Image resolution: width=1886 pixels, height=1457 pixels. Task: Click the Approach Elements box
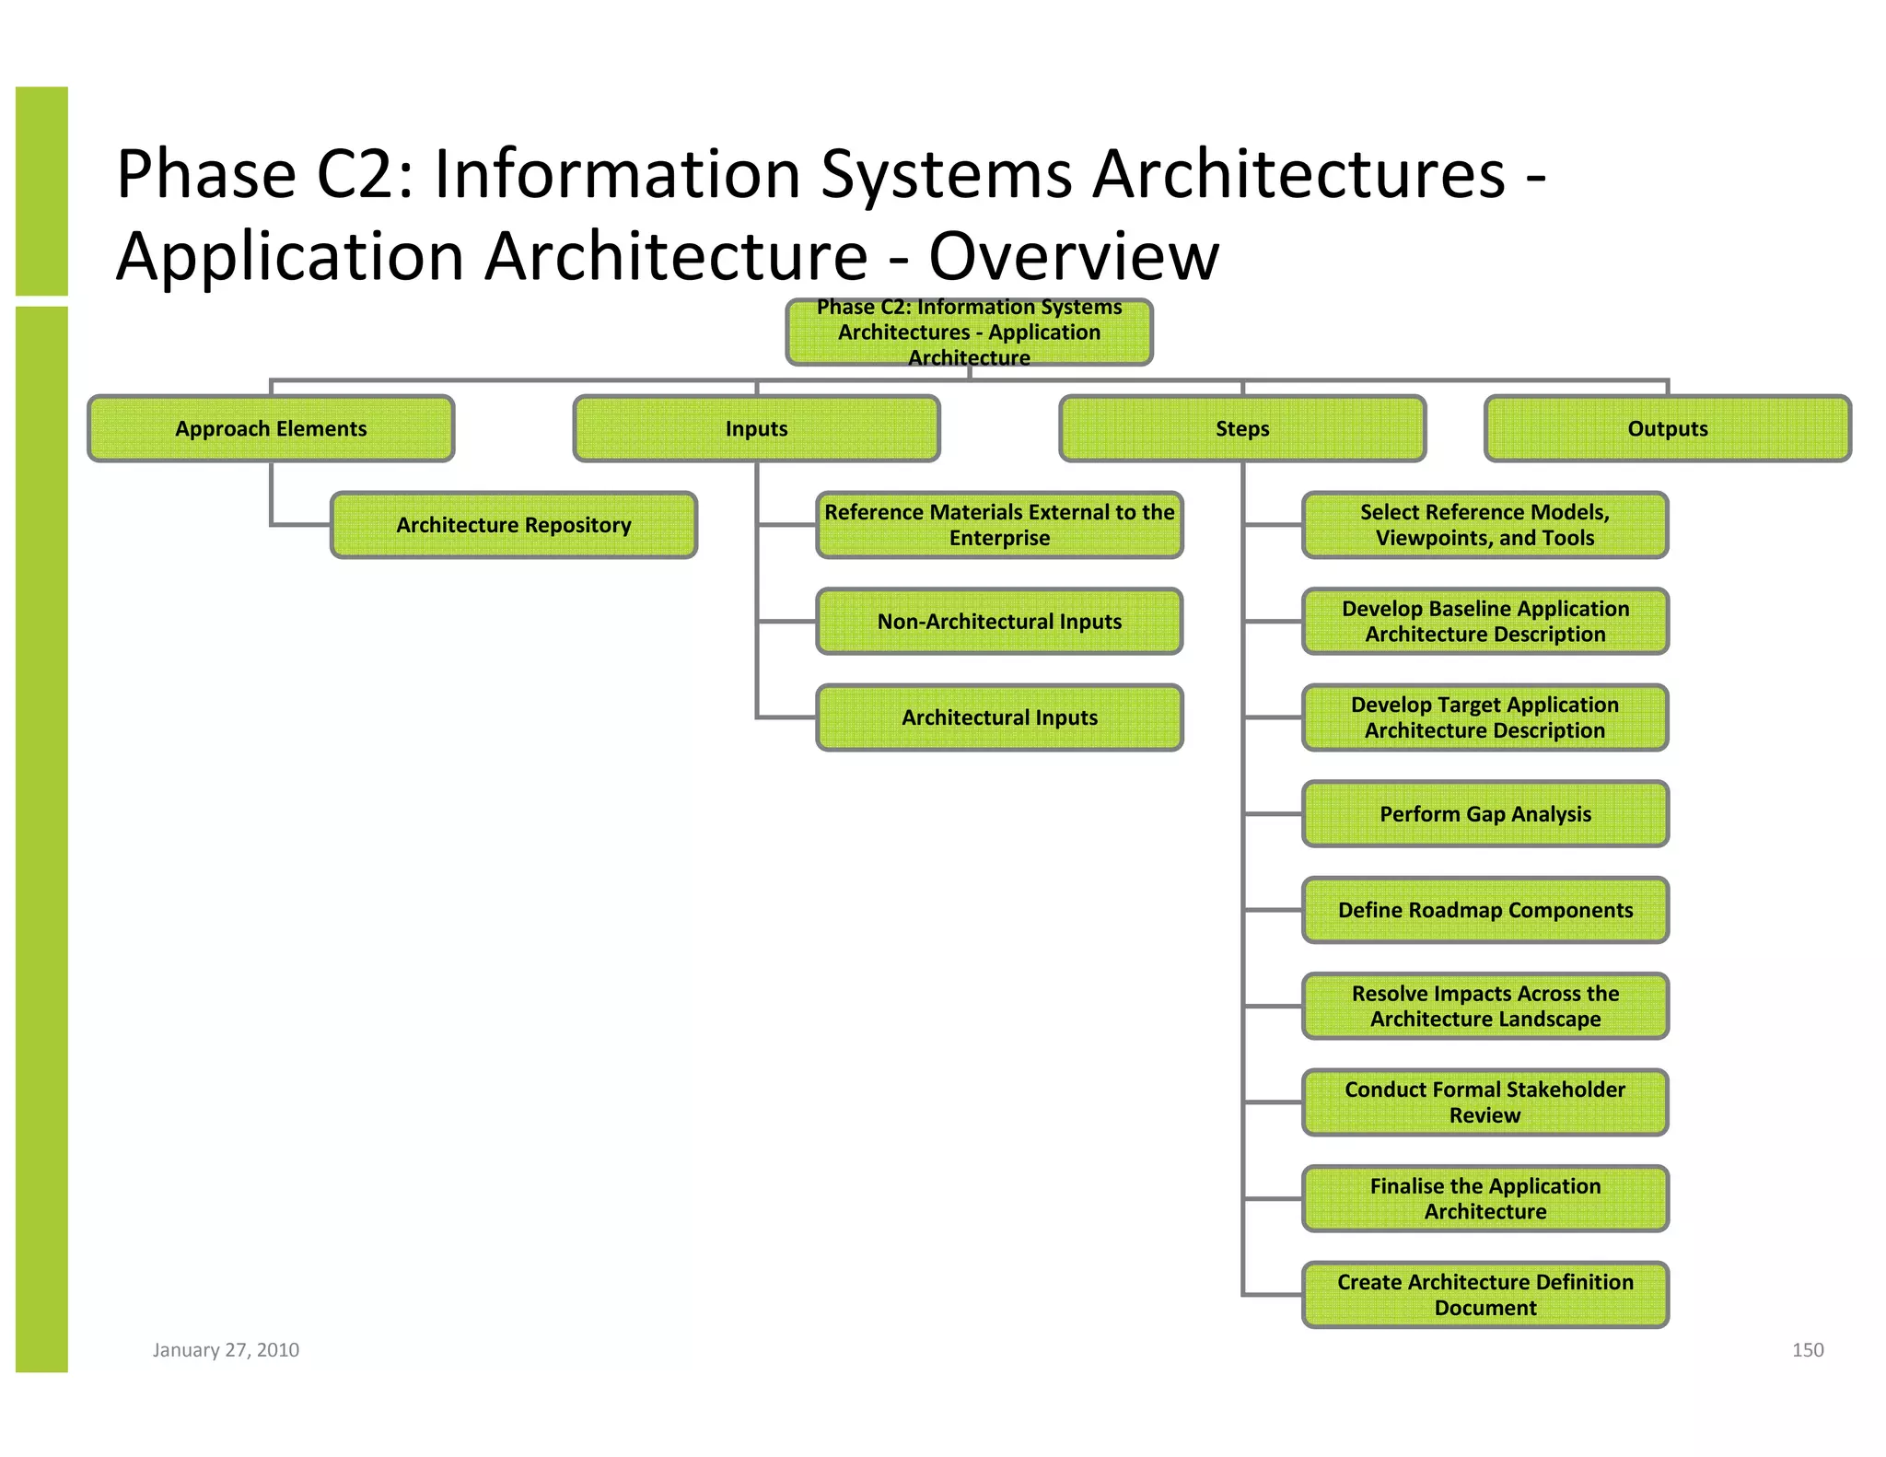point(271,428)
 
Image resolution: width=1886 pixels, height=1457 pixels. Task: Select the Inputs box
point(756,428)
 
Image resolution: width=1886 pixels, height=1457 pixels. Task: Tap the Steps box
point(1242,428)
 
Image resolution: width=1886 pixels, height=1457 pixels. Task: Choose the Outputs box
point(1667,428)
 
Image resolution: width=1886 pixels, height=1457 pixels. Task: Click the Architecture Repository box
point(514,525)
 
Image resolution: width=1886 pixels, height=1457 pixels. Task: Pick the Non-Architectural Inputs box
point(999,622)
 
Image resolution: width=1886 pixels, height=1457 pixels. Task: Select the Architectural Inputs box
point(999,717)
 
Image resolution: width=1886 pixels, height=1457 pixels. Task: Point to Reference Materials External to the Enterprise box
point(999,525)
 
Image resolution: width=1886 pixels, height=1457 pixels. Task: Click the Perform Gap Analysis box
point(1484,814)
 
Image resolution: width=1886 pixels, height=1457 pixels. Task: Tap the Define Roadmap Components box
point(1484,910)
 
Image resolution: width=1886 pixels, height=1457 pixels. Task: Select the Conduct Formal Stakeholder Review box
point(1484,1102)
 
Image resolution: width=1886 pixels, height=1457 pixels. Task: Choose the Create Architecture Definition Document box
point(1484,1295)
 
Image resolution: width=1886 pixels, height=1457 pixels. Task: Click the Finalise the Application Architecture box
point(1484,1198)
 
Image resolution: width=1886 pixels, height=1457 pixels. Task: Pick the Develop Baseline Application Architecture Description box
point(1484,622)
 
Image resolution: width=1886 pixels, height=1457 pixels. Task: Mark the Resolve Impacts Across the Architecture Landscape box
point(1484,1006)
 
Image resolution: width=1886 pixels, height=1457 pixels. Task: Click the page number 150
point(1807,1350)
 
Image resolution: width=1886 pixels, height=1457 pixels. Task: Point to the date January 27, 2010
point(226,1350)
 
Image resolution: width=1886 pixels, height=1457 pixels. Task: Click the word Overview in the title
point(1073,256)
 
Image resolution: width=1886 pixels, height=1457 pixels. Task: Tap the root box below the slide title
point(969,332)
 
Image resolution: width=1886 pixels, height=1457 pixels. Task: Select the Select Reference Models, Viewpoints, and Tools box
point(1484,525)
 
